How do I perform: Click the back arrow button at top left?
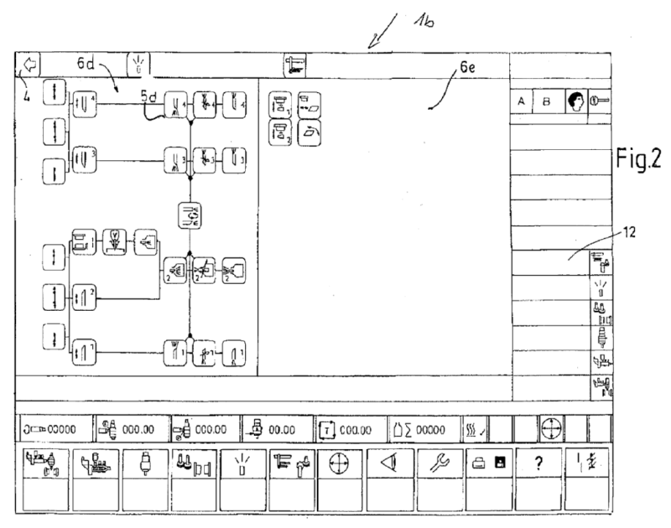(x=28, y=64)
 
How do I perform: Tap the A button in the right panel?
(x=522, y=101)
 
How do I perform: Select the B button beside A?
(x=547, y=101)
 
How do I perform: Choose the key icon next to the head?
(x=601, y=101)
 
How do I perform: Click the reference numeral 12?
(x=629, y=236)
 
